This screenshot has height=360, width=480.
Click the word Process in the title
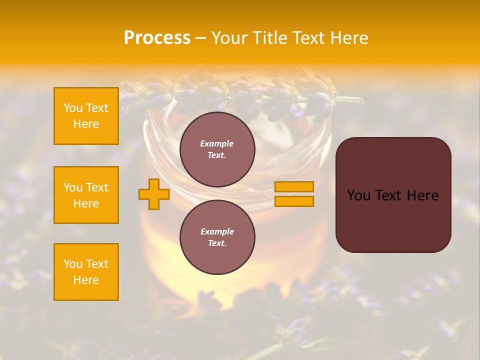pos(157,38)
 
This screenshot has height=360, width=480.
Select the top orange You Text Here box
pos(86,116)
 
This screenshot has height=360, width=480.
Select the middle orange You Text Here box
pos(86,195)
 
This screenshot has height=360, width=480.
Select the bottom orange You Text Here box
pos(86,272)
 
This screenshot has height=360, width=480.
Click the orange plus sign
pos(153,194)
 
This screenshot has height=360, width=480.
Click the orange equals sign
pos(294,194)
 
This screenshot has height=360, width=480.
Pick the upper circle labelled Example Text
pos(217,149)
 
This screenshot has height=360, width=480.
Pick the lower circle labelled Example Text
pos(217,237)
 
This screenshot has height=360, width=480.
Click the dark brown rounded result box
pos(393,195)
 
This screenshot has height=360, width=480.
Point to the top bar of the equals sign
pos(294,186)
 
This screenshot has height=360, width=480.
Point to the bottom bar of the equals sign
pos(294,201)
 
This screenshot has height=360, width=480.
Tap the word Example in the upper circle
pos(216,143)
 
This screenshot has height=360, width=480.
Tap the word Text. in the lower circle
pos(217,243)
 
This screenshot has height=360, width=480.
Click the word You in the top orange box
pos(73,108)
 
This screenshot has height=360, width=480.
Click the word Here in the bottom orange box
pos(86,280)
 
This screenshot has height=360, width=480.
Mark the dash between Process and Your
pos(200,38)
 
